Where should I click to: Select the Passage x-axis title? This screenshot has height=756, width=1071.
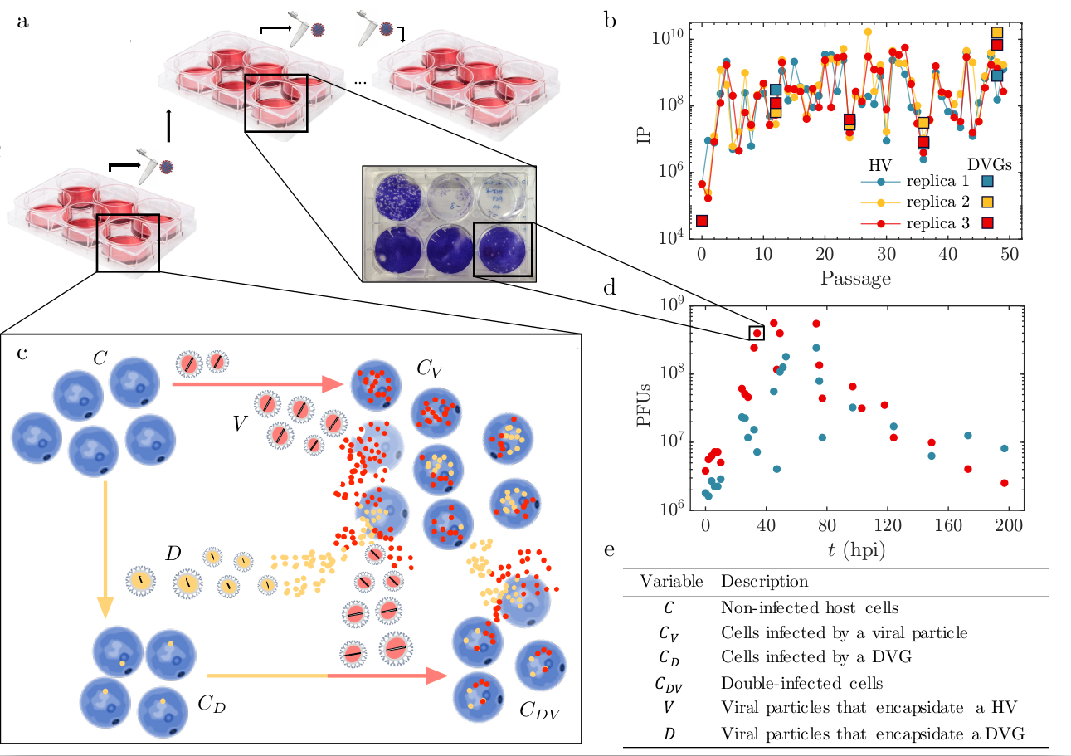855,278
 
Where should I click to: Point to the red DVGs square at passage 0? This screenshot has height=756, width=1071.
702,221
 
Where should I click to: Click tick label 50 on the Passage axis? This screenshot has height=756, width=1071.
1009,256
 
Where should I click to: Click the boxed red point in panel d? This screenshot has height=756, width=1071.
757,333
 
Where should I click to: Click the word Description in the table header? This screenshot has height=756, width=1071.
764,581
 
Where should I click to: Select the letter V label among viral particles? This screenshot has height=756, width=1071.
240,424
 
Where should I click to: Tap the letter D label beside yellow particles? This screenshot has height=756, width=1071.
173,552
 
